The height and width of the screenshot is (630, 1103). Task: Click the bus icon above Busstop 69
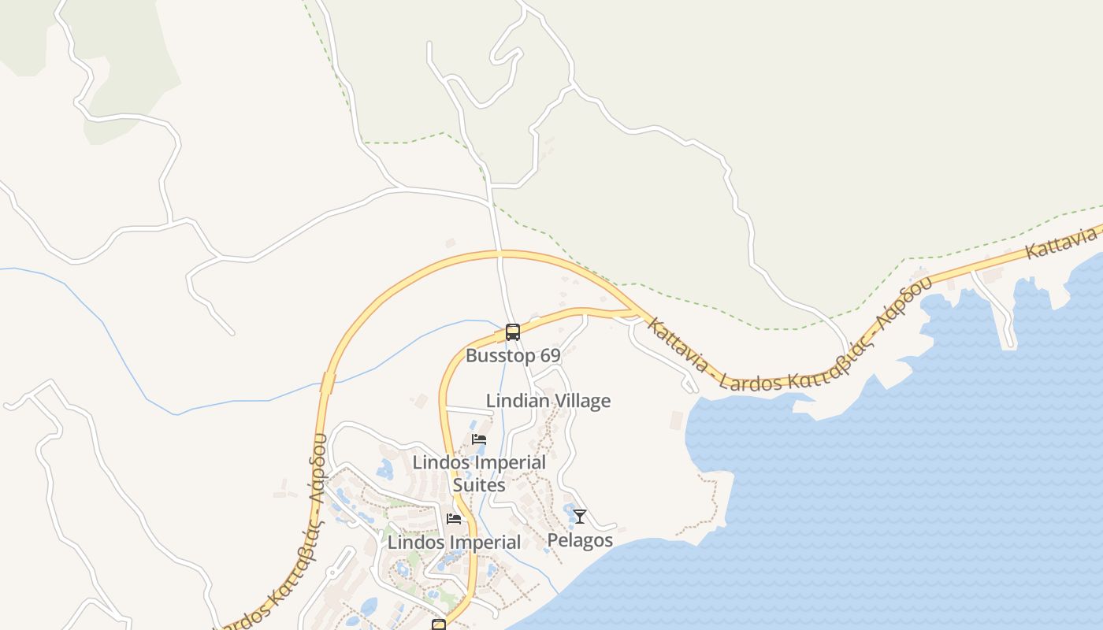(x=513, y=332)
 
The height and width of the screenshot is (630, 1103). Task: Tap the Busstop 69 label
(x=513, y=355)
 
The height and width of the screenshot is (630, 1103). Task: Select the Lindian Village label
(x=548, y=401)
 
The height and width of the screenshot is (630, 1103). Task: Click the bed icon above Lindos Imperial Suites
(x=478, y=439)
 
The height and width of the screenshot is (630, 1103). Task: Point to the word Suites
(x=479, y=484)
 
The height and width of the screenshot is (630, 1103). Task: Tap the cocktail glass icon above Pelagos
(x=580, y=517)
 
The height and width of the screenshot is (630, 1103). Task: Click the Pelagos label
(x=580, y=540)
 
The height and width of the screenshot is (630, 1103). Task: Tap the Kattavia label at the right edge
(x=1063, y=242)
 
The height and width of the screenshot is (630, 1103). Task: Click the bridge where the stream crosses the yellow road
(x=328, y=384)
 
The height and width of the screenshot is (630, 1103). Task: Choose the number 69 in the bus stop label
(x=550, y=355)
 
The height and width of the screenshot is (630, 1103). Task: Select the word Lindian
(x=518, y=401)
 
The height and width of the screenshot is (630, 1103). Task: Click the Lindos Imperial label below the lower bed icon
(x=455, y=543)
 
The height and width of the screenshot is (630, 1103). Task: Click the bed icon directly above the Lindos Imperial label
(x=454, y=519)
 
